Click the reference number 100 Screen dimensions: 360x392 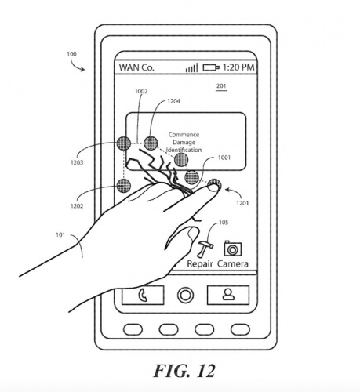[x=71, y=54]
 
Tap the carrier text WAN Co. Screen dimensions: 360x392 [x=136, y=67]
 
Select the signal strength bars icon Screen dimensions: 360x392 [x=191, y=68]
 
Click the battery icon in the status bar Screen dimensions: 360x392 [x=211, y=67]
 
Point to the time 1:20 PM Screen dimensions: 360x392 [x=238, y=67]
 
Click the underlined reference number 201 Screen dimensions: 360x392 [x=221, y=86]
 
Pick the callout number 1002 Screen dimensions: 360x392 [x=141, y=91]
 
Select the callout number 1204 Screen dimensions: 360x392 [x=173, y=101]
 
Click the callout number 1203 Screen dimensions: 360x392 [x=77, y=162]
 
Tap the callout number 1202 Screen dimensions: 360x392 [x=77, y=206]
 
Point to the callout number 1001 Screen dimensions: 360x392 [x=224, y=158]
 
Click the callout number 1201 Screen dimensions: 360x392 [x=242, y=203]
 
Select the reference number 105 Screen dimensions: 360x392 [x=224, y=223]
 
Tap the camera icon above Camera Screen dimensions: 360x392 [x=233, y=249]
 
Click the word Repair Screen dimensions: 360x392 [x=200, y=264]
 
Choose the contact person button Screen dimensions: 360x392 [x=228, y=295]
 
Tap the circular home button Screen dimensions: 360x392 [x=185, y=295]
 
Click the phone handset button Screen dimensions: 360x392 [x=143, y=296]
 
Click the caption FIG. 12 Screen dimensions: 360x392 [x=184, y=371]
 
